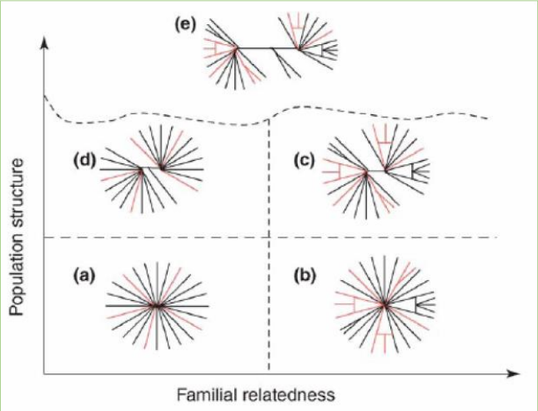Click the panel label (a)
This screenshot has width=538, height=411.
coord(83,273)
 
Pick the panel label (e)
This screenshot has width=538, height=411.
coord(185,24)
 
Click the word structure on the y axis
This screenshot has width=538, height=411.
coord(19,187)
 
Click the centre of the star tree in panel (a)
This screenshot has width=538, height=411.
coord(156,306)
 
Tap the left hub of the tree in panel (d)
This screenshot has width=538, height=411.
coord(142,170)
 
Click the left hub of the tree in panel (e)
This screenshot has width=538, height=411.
coord(236,49)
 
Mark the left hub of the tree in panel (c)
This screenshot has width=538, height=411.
coord(365,173)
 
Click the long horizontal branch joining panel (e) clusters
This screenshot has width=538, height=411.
coord(266,48)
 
